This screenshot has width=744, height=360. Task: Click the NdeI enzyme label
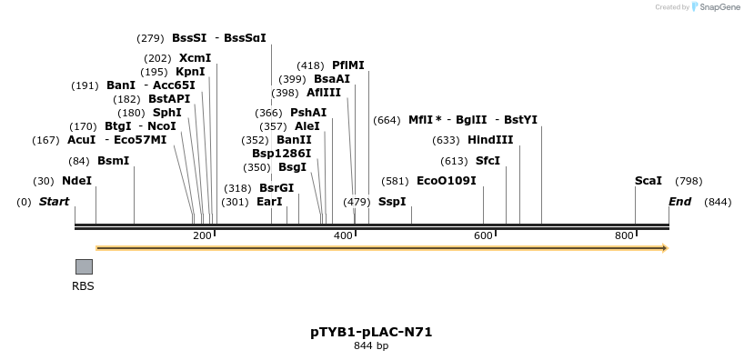tap(76, 181)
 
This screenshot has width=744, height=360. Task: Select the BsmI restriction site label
tap(113, 161)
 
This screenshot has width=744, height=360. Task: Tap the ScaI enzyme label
tap(648, 181)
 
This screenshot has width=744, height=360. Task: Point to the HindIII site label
tap(490, 140)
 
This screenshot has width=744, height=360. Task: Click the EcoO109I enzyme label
tap(446, 181)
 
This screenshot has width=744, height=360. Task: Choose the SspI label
tap(391, 201)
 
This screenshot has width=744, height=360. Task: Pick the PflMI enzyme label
tap(347, 65)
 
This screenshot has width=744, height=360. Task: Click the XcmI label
tap(195, 58)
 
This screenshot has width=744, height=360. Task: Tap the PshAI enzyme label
tap(307, 113)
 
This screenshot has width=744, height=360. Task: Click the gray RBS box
tap(84, 266)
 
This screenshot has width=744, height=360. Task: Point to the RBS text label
tap(83, 285)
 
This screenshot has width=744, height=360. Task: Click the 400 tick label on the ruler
tap(343, 235)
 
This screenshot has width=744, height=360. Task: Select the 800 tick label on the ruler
tap(623, 235)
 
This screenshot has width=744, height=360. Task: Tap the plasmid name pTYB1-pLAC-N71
tap(371, 332)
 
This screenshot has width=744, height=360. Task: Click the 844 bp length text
tap(371, 346)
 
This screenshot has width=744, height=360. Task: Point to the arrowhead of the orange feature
tap(665, 248)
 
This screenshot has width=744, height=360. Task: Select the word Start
tap(54, 201)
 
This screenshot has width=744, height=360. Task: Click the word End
tap(679, 201)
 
